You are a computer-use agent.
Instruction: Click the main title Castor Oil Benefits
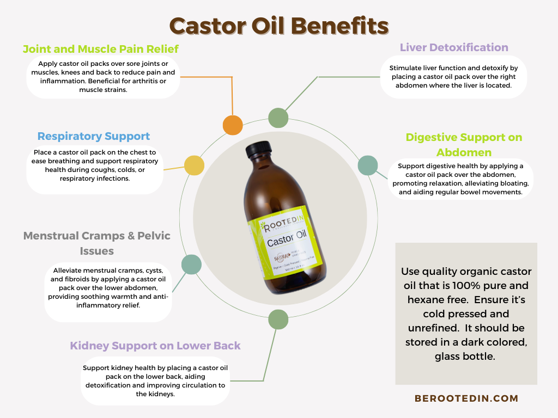[x=279, y=26]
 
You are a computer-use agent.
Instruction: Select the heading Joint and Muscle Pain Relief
[x=101, y=49]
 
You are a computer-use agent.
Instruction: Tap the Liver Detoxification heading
[x=454, y=47]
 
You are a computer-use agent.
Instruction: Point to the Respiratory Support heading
[x=94, y=136]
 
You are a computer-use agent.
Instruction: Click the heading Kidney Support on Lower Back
[x=155, y=346]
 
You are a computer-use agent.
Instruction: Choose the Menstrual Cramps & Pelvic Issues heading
[x=96, y=243]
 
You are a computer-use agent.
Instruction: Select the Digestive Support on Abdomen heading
[x=464, y=144]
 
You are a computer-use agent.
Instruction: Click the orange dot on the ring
[x=233, y=125]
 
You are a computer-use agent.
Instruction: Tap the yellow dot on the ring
[x=193, y=165]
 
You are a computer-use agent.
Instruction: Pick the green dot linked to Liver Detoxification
[x=278, y=118]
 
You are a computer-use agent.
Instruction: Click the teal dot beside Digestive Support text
[x=367, y=165]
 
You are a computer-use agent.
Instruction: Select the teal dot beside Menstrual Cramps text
[x=191, y=264]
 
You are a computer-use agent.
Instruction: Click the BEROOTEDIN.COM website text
[x=466, y=398]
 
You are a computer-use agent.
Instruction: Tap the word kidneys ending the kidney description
[x=155, y=394]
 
